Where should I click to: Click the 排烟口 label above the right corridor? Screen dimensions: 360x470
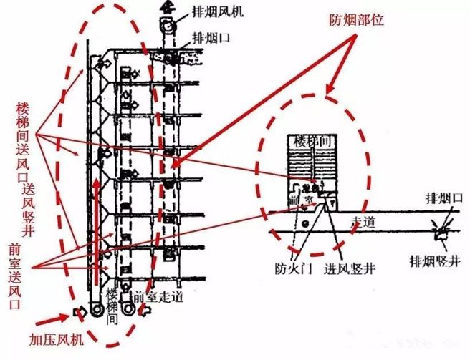point(437,196)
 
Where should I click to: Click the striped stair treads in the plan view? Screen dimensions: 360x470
point(311,165)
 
